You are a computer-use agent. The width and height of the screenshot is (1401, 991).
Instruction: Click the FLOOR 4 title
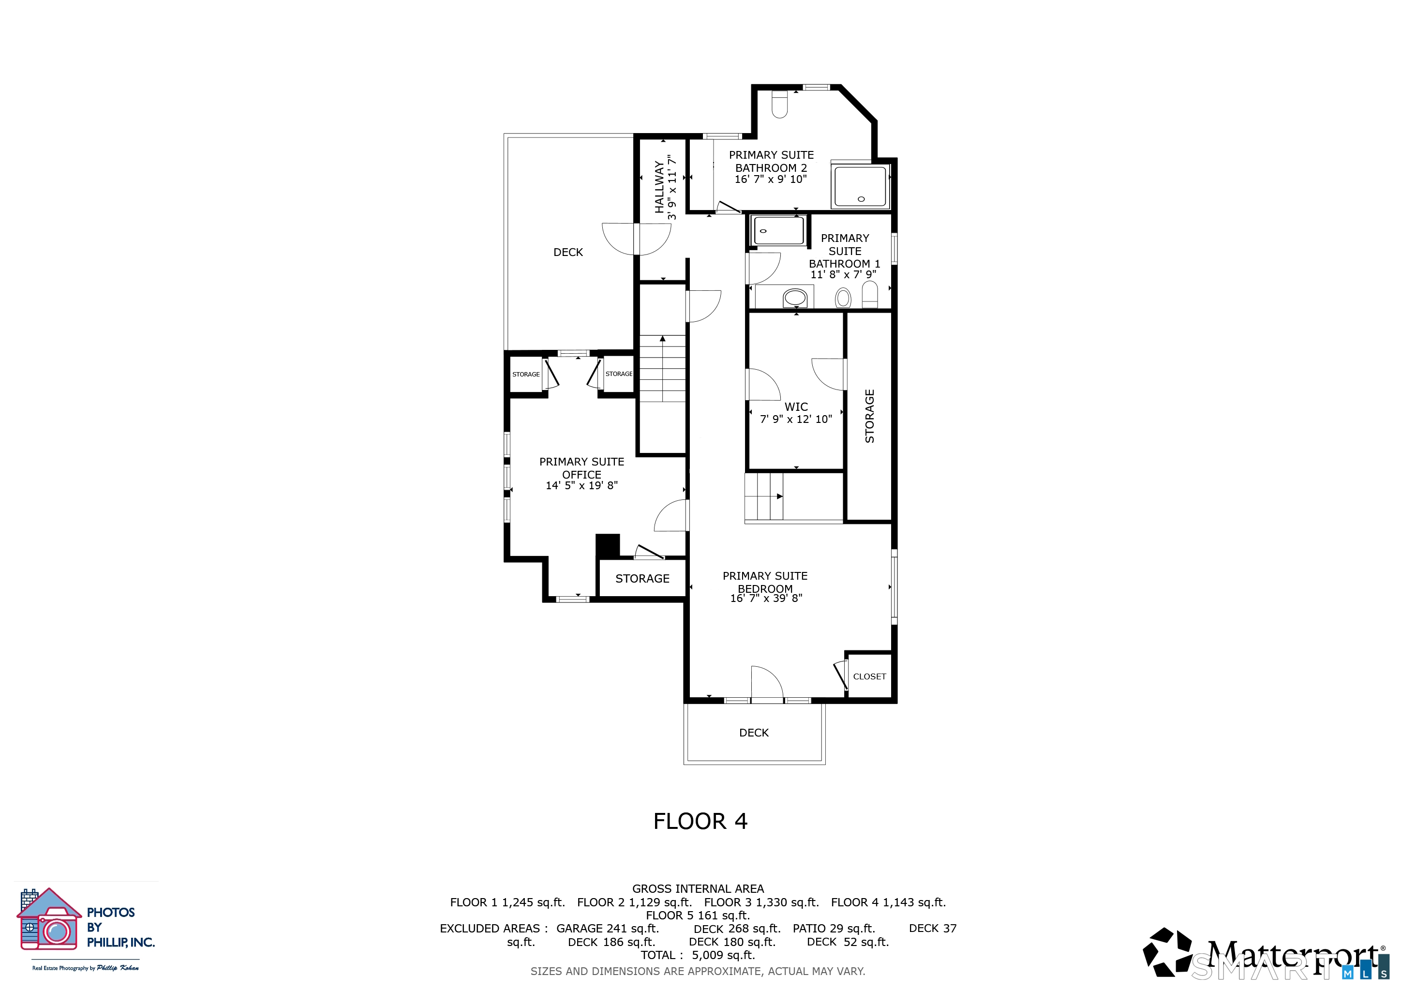(700, 821)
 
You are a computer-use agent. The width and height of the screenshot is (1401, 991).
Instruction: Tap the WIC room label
(796, 407)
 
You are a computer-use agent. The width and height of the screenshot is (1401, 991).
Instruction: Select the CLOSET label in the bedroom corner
(869, 677)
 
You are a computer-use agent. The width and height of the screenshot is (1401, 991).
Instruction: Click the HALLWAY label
(659, 187)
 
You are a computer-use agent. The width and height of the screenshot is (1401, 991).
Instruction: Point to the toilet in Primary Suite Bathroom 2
(779, 105)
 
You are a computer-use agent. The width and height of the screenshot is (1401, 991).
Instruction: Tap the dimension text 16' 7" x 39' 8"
(766, 599)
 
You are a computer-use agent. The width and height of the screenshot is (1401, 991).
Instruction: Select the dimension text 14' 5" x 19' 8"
(581, 486)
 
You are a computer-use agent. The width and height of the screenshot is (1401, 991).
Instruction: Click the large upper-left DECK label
(568, 253)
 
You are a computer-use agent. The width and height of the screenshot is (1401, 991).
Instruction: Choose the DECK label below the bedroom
(754, 733)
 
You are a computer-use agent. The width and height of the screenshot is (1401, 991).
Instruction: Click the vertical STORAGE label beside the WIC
(869, 416)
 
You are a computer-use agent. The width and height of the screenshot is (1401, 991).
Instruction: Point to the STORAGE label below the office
(642, 579)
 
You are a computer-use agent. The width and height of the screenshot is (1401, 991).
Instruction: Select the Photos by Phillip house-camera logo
(49, 919)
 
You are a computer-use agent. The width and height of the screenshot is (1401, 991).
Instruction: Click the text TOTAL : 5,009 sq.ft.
(698, 956)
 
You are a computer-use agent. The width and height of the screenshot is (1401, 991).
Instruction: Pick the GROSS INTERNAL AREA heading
(698, 889)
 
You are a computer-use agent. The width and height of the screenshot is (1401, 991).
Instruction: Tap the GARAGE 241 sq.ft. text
(607, 929)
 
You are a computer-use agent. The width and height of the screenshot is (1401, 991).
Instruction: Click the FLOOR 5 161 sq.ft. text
(698, 916)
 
